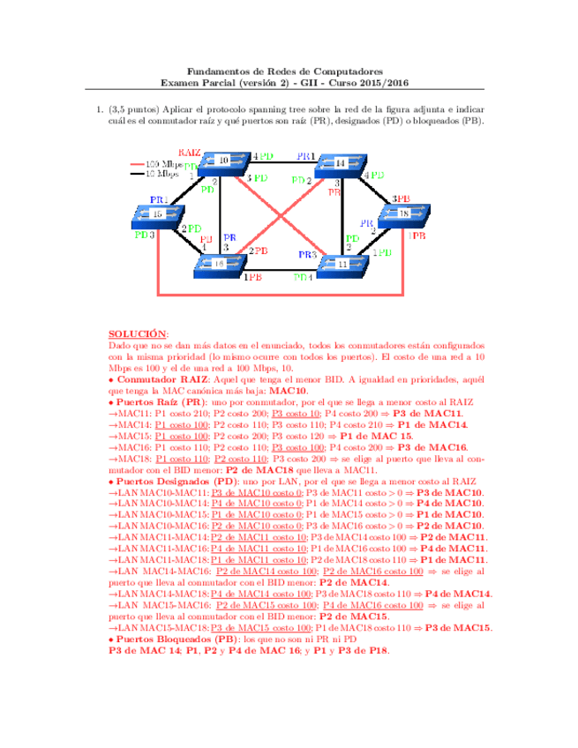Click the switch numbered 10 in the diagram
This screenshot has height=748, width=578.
click(223, 161)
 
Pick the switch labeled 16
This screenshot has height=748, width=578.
click(220, 263)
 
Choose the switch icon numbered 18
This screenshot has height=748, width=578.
click(403, 214)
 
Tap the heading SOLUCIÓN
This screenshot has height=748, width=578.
click(137, 335)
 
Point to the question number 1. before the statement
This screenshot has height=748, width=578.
click(100, 110)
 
